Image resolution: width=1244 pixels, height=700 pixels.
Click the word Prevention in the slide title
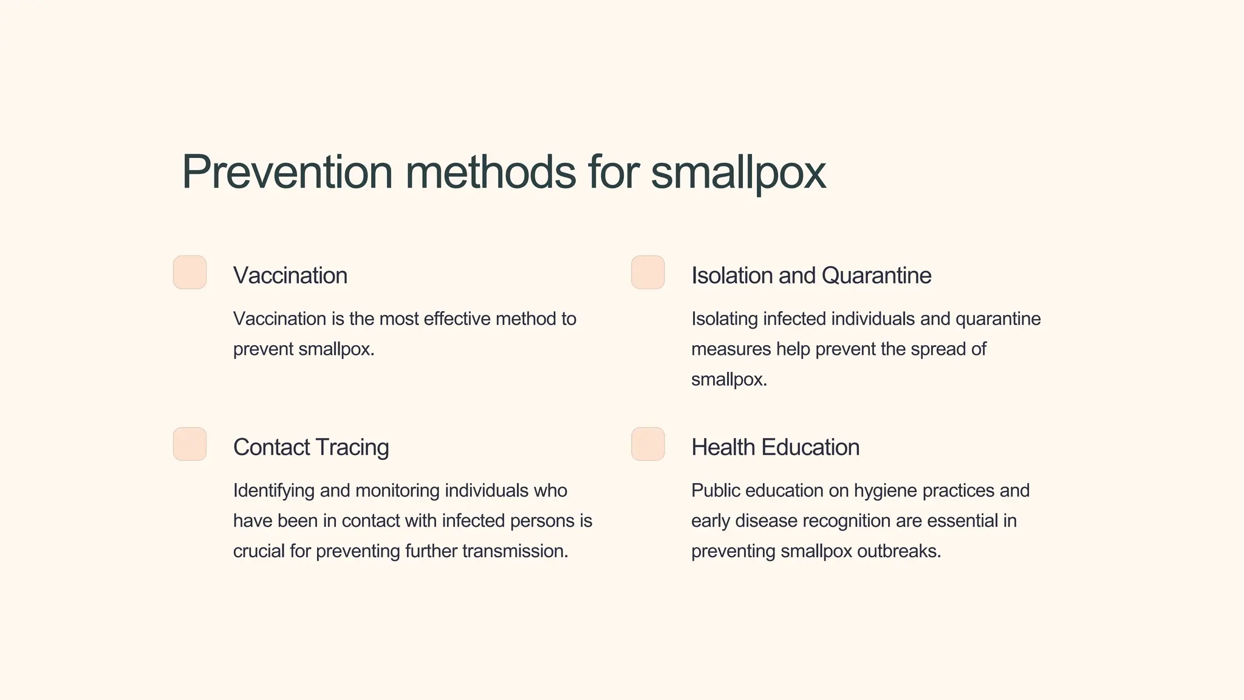287,172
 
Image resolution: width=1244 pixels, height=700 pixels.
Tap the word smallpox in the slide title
738,173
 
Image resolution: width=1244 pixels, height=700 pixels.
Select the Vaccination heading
290,275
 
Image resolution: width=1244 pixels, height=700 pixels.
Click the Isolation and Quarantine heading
811,275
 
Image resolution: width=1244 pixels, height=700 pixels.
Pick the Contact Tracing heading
311,447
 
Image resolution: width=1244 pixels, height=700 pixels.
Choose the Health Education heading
775,447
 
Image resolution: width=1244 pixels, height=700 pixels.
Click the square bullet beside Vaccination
190,272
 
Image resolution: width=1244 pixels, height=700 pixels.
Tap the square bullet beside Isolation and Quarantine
648,272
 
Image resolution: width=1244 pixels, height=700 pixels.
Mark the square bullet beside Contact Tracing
190,444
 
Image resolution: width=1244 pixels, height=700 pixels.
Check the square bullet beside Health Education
648,444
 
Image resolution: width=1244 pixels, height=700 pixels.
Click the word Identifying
274,490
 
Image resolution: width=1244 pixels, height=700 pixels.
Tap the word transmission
515,551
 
